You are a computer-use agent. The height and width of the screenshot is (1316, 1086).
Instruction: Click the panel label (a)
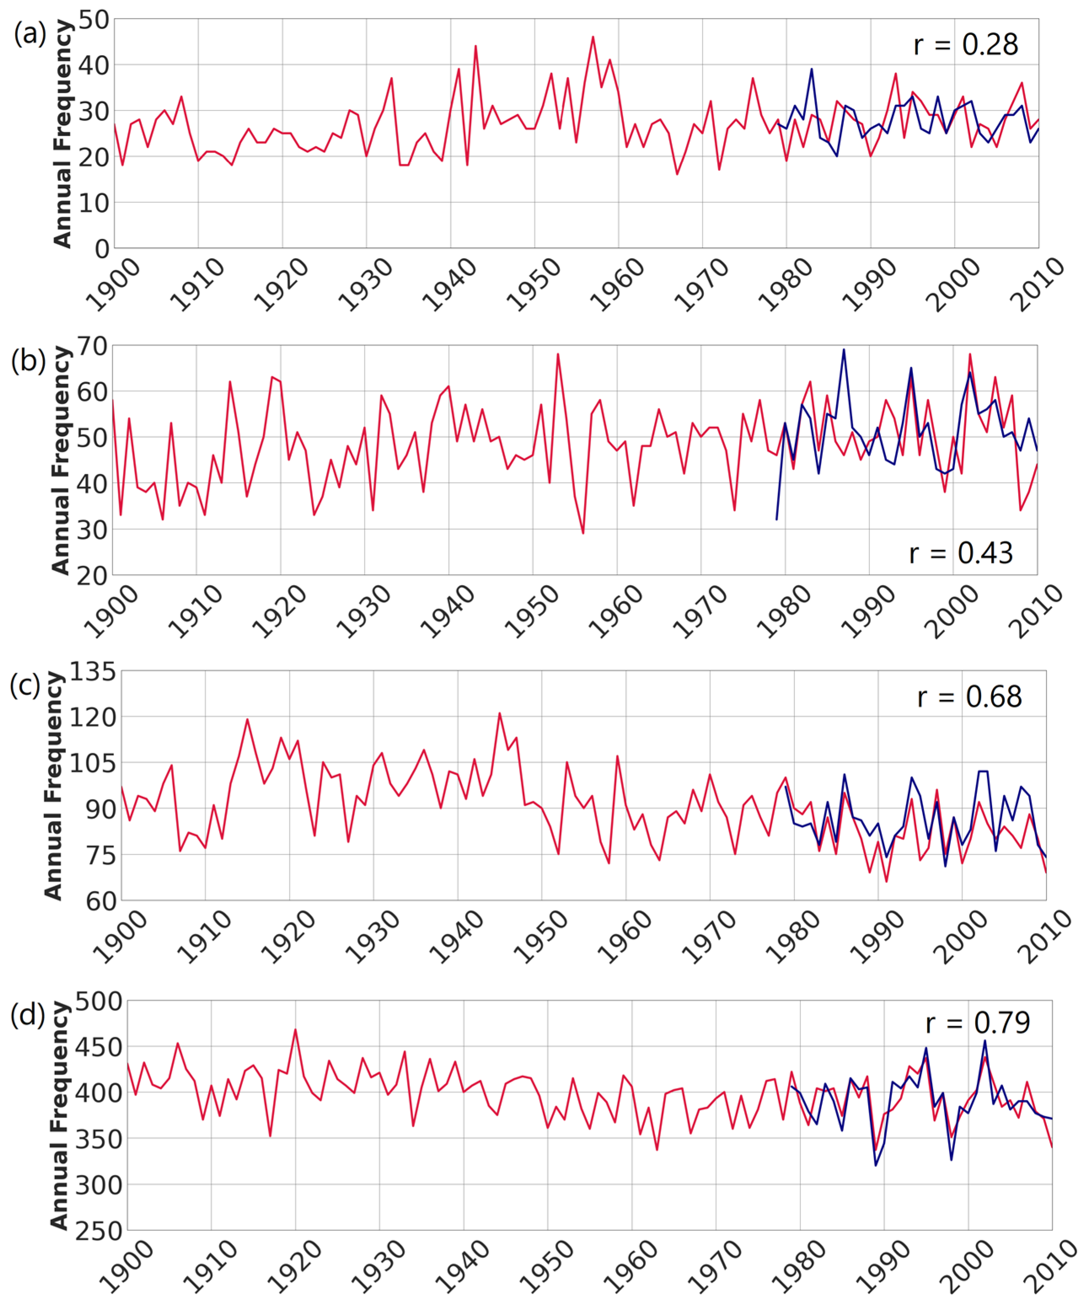click(29, 33)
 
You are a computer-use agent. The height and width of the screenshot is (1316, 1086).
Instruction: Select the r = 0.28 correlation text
click(965, 44)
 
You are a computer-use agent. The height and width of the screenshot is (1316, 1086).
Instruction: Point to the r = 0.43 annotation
click(960, 553)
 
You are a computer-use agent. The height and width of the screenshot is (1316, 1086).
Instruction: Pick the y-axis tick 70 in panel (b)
click(92, 346)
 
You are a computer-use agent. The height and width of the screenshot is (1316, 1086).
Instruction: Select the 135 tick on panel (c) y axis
click(93, 672)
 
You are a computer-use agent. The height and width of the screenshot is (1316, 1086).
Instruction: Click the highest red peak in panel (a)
click(593, 37)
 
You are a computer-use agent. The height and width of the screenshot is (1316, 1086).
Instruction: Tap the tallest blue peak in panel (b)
click(843, 350)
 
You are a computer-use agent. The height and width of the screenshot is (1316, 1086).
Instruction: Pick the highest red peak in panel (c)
click(499, 713)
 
